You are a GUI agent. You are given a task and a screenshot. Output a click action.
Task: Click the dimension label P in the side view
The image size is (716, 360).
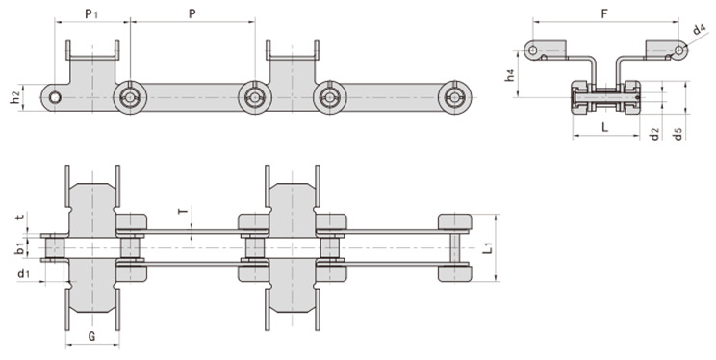coord(192,15)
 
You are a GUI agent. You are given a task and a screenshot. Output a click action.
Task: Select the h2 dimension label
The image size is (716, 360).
coord(16,97)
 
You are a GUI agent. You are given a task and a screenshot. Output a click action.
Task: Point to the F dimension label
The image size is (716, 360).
coord(602,14)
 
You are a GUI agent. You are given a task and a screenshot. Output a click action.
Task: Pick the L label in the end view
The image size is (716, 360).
coord(603,125)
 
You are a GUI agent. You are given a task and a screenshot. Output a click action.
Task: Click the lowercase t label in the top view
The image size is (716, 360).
coord(21,219)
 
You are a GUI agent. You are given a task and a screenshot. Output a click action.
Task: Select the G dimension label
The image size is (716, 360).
coord(91,336)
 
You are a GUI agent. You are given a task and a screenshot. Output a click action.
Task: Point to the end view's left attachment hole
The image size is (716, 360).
coord(531,48)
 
